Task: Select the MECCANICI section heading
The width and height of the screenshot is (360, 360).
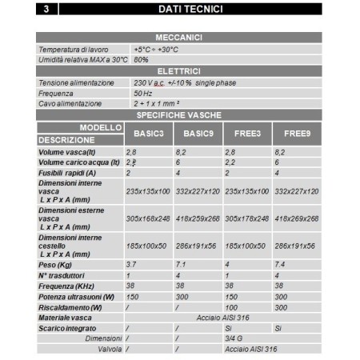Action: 179,38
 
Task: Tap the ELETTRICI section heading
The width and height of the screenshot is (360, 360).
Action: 179,71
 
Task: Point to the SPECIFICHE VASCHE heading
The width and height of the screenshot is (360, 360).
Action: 179,115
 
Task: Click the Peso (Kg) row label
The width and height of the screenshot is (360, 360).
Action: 55,263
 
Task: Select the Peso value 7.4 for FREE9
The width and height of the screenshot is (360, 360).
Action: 280,263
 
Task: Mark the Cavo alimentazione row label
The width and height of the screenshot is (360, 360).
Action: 70,104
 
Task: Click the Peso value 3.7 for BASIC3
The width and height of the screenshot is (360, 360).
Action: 133,263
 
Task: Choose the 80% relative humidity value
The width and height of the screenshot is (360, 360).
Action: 141,59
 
